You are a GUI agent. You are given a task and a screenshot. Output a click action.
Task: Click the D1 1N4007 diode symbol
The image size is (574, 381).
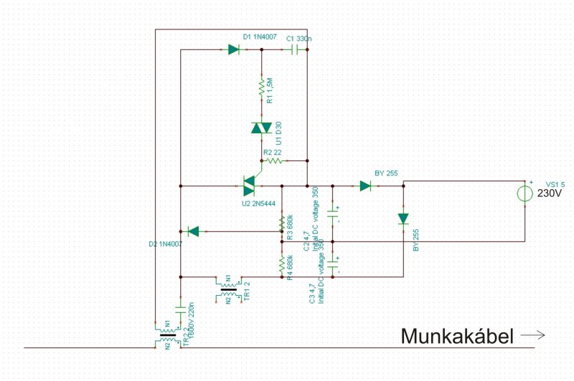click(x=233, y=49)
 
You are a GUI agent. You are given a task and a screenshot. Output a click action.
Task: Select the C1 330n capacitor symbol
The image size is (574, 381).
click(x=293, y=50)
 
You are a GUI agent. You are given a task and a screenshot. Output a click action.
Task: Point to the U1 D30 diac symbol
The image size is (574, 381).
click(x=261, y=128)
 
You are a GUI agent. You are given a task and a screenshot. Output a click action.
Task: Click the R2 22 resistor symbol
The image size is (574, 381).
click(x=273, y=161)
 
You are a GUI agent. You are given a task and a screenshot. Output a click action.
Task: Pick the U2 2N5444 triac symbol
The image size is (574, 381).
click(x=250, y=186)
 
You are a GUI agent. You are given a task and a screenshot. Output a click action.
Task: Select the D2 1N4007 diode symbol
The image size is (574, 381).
click(x=192, y=231)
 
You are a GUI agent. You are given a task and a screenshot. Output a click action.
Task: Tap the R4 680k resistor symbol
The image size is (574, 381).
click(x=281, y=263)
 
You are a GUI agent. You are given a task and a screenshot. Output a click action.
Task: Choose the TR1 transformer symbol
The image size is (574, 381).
click(x=228, y=289)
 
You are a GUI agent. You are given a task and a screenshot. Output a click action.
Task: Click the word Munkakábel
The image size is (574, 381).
click(x=457, y=336)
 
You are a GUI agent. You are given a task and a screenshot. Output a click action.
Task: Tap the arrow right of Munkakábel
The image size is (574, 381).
click(x=533, y=335)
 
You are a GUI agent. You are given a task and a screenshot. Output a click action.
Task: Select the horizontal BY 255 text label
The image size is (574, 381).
click(x=386, y=173)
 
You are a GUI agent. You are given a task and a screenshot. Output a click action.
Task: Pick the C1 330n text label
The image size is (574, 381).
click(x=298, y=37)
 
